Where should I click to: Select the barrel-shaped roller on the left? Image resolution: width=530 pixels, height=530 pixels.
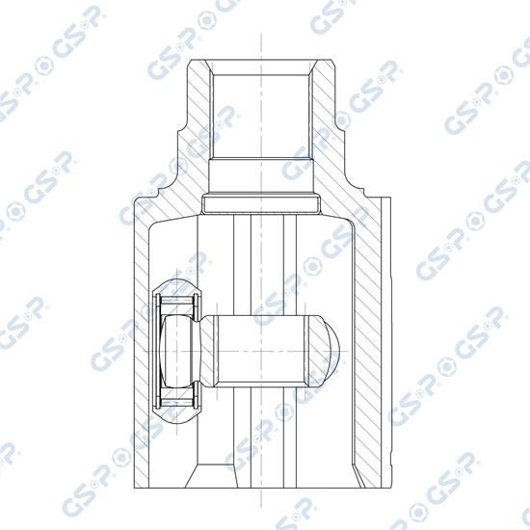point(177,352)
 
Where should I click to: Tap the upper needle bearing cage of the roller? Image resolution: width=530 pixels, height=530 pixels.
point(176,304)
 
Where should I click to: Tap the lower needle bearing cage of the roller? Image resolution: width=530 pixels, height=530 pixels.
point(176,400)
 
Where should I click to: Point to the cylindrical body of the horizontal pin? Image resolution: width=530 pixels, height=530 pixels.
point(260,352)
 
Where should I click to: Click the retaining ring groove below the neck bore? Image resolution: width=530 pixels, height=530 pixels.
point(260,204)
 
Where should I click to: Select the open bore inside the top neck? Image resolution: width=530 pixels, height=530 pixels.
point(260,116)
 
